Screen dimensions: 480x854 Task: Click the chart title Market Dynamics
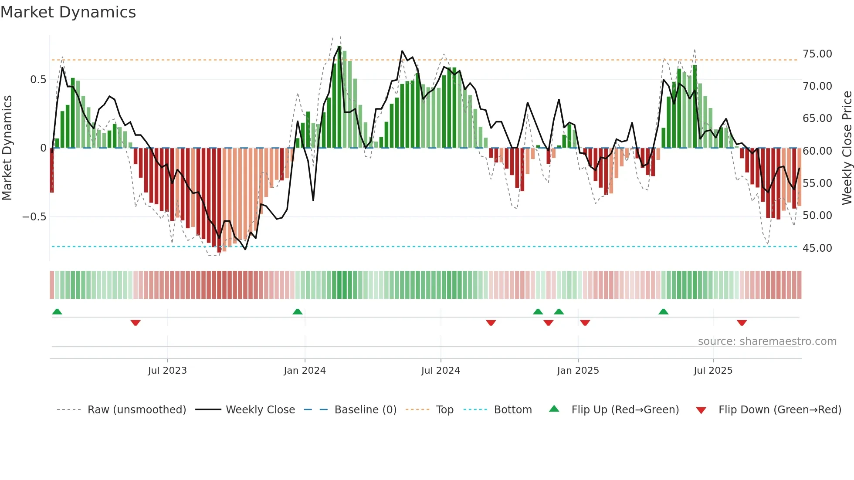point(68,12)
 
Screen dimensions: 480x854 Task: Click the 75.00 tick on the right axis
point(817,54)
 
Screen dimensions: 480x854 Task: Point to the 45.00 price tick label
point(817,248)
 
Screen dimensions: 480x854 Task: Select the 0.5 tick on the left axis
point(38,79)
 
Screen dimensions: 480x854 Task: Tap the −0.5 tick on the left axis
point(34,216)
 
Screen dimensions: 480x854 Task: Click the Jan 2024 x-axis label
point(305,371)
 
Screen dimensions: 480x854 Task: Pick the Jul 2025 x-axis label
point(713,371)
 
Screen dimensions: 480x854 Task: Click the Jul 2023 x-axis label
point(167,371)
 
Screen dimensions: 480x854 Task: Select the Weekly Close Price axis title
point(847,148)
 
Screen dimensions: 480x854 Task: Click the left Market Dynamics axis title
point(7,148)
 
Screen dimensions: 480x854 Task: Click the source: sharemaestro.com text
point(767,341)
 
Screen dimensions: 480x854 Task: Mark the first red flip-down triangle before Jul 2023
point(136,323)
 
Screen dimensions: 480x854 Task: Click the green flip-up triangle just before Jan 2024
point(298,311)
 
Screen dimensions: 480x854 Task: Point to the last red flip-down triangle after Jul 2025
point(742,323)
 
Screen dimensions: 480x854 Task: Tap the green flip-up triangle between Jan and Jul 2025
point(663,311)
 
